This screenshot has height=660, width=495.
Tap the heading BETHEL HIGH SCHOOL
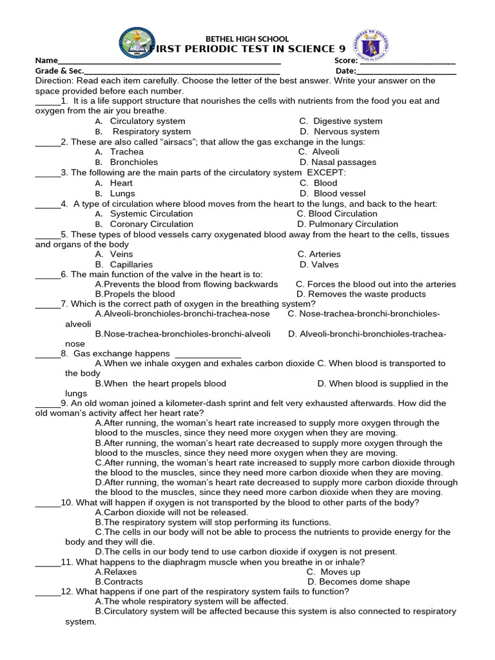tap(247, 39)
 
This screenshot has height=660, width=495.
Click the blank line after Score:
tap(407, 62)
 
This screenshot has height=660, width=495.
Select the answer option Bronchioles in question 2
tap(133, 162)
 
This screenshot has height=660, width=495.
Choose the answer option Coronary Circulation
tap(151, 224)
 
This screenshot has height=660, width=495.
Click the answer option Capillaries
tap(131, 264)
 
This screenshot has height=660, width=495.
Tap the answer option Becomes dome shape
tap(358, 581)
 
